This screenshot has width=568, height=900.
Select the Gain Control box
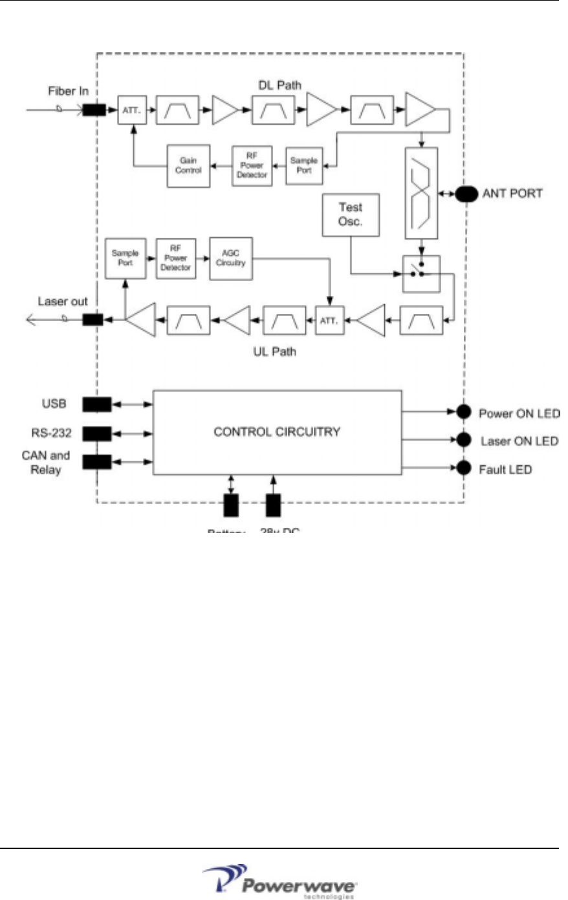coord(188,166)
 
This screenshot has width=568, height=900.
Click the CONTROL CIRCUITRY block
coord(277,432)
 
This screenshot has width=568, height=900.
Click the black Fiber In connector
coord(94,110)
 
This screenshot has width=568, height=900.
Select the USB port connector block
coord(96,404)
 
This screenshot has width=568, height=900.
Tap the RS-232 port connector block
coord(96,433)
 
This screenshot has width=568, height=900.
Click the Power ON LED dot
coord(463,412)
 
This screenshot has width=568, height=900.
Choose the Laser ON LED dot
coord(463,440)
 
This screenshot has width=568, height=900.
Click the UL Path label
coord(274,352)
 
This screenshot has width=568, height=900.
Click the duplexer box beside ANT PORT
coord(421,193)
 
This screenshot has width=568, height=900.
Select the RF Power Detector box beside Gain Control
coord(252,166)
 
